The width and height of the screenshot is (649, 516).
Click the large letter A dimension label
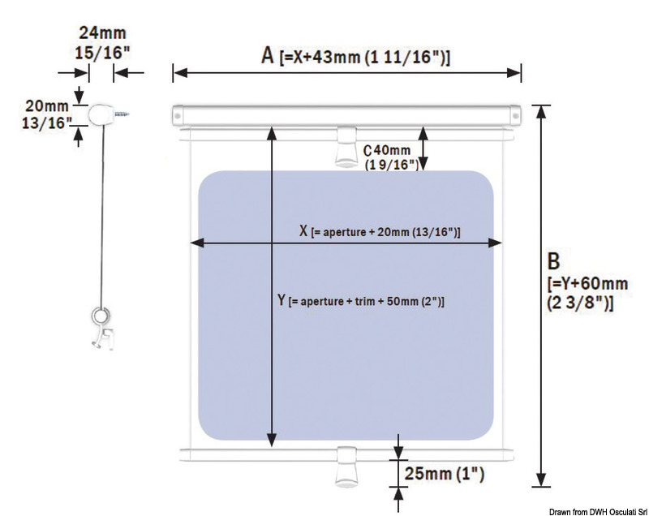coord(268,56)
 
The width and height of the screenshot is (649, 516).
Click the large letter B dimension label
coord(553,261)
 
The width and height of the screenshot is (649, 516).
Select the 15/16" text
coord(102,53)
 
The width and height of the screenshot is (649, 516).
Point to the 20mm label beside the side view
coord(47,106)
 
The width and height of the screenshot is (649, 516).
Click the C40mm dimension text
coord(387,150)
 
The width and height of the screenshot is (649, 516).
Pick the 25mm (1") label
coord(444,473)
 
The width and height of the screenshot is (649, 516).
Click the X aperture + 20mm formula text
coord(380,231)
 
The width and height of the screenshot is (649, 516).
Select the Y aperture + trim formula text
coord(360,300)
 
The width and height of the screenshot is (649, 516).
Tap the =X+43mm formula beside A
coord(364,57)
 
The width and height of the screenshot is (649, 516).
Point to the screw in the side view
coord(122,113)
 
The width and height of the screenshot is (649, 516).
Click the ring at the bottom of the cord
coord(99,316)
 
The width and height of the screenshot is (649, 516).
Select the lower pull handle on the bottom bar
coord(346,467)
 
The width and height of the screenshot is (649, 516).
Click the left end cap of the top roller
coord(178,115)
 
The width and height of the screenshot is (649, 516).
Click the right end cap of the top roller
coord(515,115)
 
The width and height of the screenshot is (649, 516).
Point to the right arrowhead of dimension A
coord(514,73)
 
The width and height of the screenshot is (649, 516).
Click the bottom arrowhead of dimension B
coord(540,480)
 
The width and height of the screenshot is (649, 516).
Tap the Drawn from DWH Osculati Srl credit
coord(599,512)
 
